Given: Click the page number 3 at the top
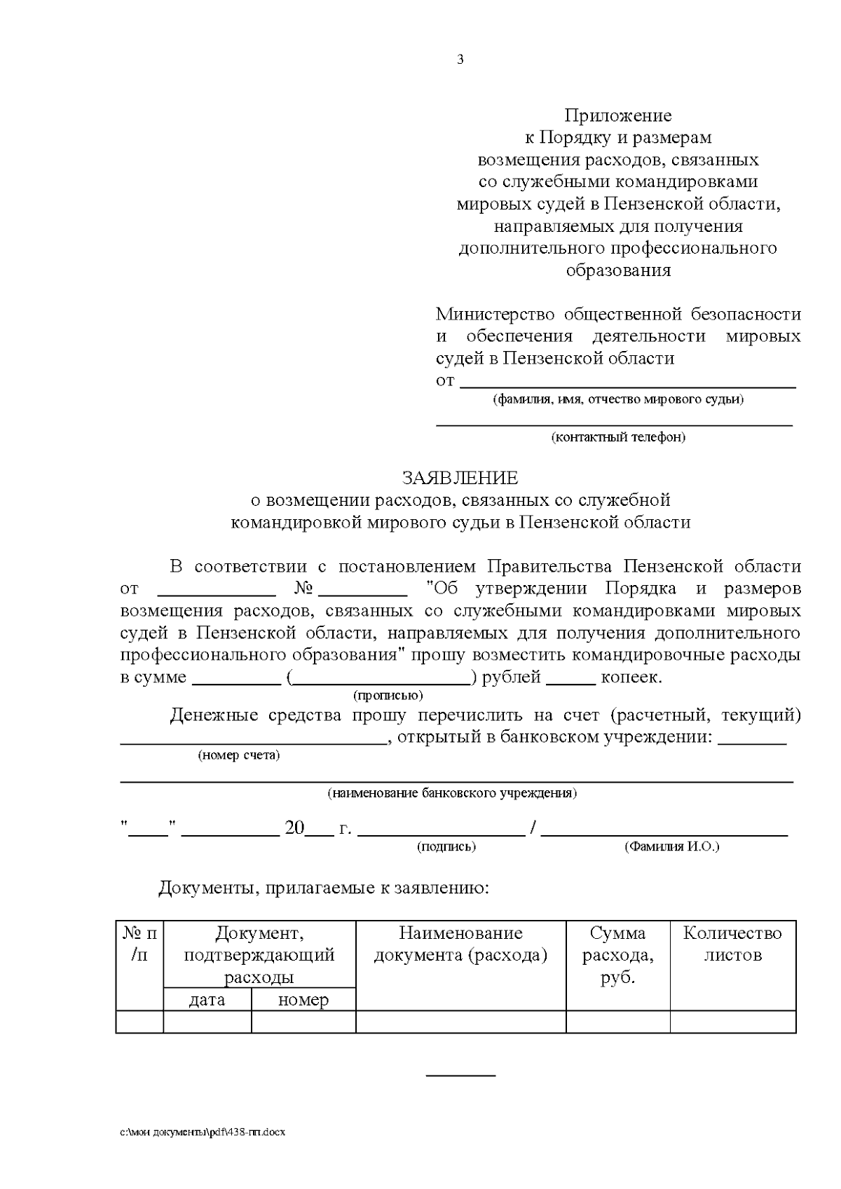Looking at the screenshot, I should click(460, 60).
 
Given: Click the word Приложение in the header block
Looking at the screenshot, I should click(618, 115).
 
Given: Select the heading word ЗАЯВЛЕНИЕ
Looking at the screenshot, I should click(460, 478).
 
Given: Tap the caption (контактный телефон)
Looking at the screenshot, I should click(618, 437).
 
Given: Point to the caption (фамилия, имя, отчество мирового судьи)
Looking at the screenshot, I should click(618, 399).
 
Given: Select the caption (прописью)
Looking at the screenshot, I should click(388, 695).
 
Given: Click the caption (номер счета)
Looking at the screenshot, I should click(239, 755).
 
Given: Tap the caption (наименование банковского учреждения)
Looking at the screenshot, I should click(452, 793).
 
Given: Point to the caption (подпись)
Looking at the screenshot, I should click(446, 846).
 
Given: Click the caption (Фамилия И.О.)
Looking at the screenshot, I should click(671, 846).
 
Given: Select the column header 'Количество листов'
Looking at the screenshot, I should click(732, 944).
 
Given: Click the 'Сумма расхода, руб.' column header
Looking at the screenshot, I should click(617, 954).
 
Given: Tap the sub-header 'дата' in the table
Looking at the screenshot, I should click(207, 1000).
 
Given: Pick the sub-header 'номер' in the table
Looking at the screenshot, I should click(303, 1000).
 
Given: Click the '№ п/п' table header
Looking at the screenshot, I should click(139, 944).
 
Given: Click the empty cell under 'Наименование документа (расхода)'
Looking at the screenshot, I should click(460, 1022).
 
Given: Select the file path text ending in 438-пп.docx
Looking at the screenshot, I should click(203, 1132).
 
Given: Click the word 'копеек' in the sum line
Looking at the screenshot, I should click(630, 678).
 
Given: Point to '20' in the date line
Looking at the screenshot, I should click(294, 828).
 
